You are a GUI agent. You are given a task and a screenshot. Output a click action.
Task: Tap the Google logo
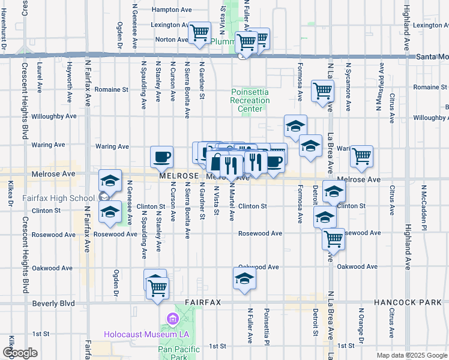pos(20,353)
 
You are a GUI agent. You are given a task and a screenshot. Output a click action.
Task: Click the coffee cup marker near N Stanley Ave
pos(161,157)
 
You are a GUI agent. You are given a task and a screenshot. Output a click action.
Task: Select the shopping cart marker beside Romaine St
pos(322,91)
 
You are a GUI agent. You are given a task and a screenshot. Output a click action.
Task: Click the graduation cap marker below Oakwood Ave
pos(244,278)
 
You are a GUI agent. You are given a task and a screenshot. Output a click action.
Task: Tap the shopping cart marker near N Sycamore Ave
pos(362,156)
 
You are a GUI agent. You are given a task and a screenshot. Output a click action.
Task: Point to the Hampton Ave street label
pos(172,10)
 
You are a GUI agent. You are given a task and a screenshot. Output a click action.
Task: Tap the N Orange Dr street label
pos(361,328)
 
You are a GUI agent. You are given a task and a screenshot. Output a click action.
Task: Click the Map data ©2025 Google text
pos(411,355)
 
